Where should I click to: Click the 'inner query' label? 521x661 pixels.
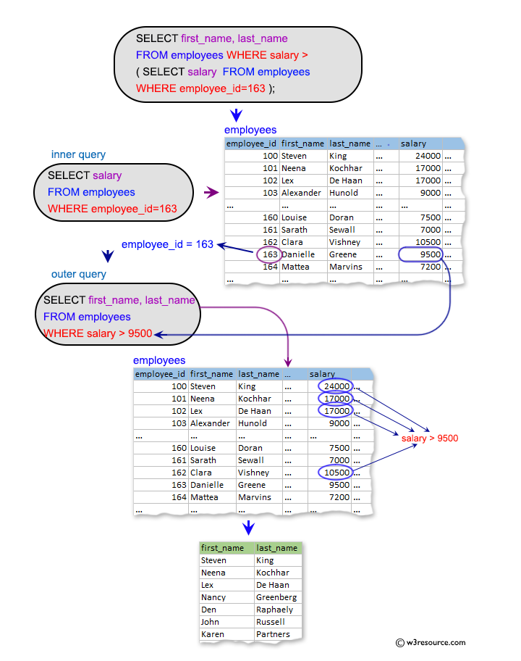(x=78, y=154)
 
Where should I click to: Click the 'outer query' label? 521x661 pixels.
(x=78, y=274)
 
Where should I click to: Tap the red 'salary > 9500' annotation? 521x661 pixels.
(x=429, y=438)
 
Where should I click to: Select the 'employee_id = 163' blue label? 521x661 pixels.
(x=167, y=244)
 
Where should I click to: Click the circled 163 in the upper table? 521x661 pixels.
(x=268, y=254)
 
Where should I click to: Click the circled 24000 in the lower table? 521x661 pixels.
(x=336, y=386)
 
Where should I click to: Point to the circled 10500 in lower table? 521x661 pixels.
(x=336, y=473)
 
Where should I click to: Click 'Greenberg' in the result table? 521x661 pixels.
(x=276, y=597)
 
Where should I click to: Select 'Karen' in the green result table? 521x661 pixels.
(x=213, y=634)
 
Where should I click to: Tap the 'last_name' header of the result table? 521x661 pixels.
(x=276, y=548)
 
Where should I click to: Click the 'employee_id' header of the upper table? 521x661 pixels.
(x=251, y=144)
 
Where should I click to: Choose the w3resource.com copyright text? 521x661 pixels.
(x=431, y=642)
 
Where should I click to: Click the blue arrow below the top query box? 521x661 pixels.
(x=235, y=115)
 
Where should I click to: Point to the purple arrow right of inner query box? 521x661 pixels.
(x=211, y=193)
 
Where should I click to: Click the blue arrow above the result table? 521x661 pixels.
(x=249, y=527)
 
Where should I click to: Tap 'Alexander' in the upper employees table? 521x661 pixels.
(x=301, y=193)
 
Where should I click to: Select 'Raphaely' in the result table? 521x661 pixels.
(x=274, y=610)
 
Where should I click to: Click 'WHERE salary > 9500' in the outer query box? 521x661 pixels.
(x=98, y=333)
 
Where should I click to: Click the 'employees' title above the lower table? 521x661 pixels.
(x=159, y=360)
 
